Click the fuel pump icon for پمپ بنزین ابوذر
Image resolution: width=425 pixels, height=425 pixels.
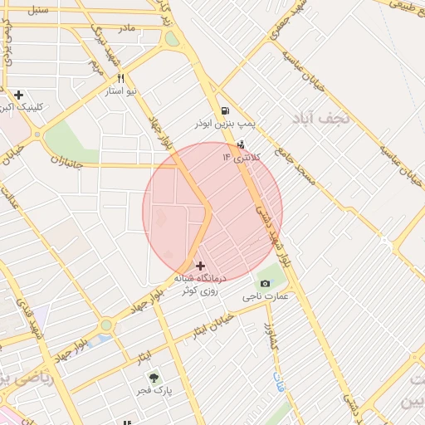point(224,111)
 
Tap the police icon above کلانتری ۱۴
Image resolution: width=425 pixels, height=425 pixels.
point(241,144)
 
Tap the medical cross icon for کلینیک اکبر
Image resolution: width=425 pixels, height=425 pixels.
point(19,95)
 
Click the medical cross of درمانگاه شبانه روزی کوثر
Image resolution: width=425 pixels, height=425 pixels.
point(199,266)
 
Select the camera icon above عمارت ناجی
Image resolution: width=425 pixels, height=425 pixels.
point(265,284)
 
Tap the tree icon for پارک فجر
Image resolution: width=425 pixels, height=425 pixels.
point(153,378)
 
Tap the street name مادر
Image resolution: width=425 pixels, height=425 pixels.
point(126,27)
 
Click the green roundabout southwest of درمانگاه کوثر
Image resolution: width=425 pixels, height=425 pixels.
point(106,326)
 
